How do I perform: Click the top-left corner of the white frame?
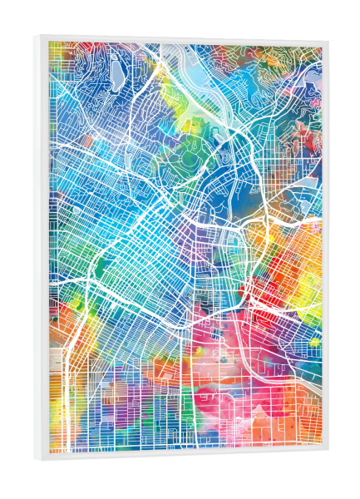pos(37,37)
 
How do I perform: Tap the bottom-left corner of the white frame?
pos(37,460)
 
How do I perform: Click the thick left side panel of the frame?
pos(42,249)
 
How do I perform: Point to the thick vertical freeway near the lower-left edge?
pos(67,391)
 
